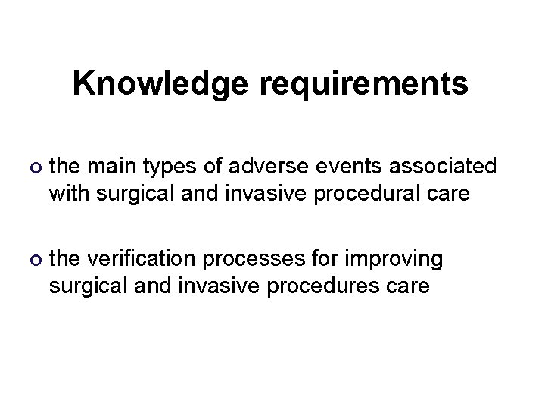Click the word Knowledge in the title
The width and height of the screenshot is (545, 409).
point(160,85)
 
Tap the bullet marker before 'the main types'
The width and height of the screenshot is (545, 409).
point(32,167)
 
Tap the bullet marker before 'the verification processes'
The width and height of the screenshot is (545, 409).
point(32,260)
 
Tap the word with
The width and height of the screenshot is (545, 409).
point(67,194)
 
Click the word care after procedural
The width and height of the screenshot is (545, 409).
point(450,194)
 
